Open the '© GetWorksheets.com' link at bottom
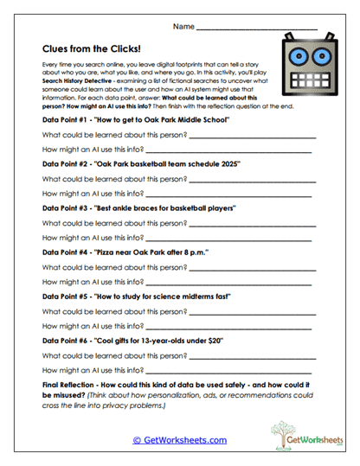pos(179,439)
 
